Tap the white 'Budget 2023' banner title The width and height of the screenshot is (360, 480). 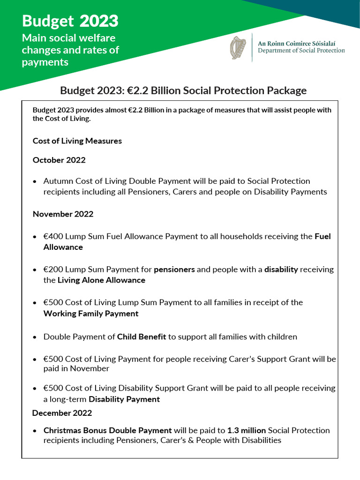click(x=70, y=21)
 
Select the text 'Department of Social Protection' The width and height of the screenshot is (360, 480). click(x=301, y=51)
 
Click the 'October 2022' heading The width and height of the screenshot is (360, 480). click(x=59, y=160)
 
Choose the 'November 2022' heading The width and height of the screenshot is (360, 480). click(x=63, y=214)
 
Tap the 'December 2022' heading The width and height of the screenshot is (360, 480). click(x=62, y=413)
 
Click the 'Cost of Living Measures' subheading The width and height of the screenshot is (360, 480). click(x=77, y=141)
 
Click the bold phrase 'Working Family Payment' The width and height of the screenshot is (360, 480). click(x=91, y=314)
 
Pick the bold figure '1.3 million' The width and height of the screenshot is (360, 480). click(x=247, y=430)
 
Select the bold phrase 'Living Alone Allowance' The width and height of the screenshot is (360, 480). click(x=101, y=280)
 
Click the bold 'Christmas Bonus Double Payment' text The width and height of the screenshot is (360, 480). click(x=107, y=430)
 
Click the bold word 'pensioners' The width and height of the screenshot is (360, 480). click(x=174, y=269)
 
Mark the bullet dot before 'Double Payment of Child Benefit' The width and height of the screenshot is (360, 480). click(x=35, y=337)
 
